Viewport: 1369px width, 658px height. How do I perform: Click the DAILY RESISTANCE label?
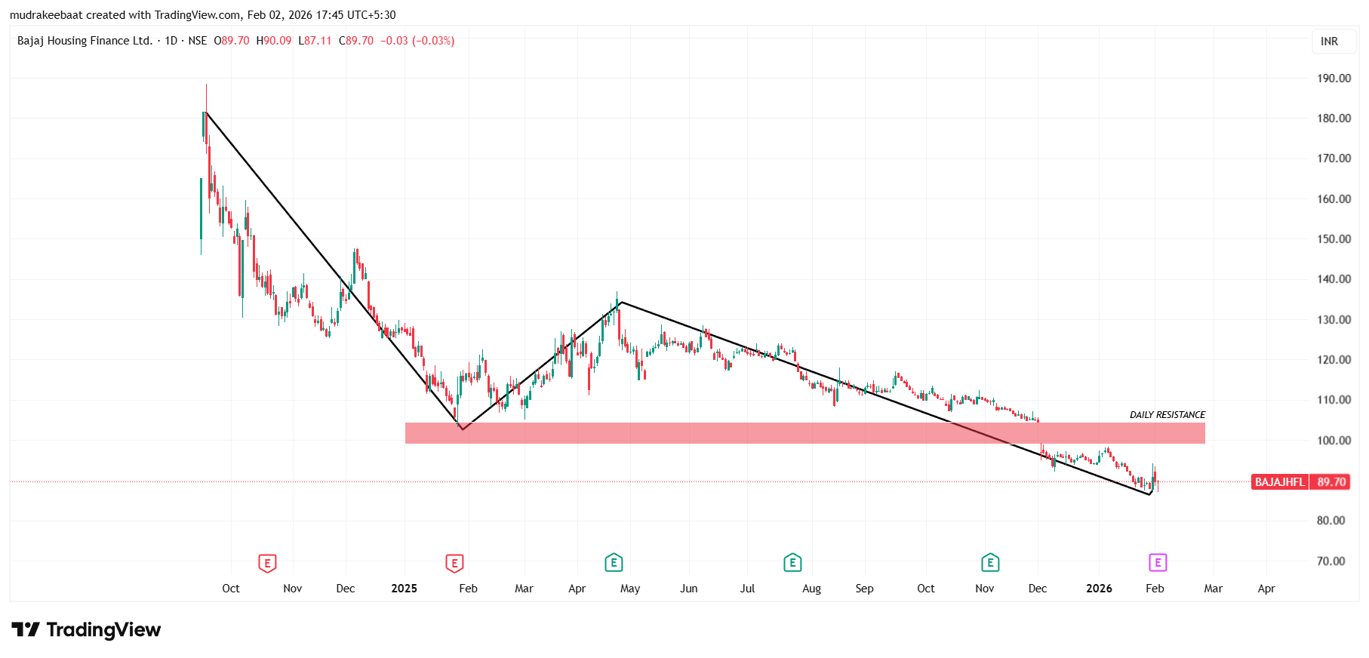click(x=1167, y=415)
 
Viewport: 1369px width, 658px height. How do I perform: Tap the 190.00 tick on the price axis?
click(x=1334, y=78)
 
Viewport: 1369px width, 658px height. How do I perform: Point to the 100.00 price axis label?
click(x=1334, y=441)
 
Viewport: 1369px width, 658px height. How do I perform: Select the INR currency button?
click(x=1329, y=42)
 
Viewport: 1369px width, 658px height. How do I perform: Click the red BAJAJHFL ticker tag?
click(x=1279, y=482)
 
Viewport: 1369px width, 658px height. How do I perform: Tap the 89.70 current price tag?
click(x=1331, y=482)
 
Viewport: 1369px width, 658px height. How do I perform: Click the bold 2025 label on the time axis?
click(x=404, y=589)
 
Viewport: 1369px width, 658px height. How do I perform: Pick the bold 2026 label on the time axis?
click(x=1099, y=589)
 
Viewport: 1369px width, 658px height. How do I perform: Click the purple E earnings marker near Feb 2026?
click(x=1158, y=563)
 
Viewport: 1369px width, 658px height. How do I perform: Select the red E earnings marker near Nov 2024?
click(x=267, y=563)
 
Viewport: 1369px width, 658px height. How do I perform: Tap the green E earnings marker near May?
click(x=614, y=563)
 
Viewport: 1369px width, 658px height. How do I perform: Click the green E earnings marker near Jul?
click(x=792, y=563)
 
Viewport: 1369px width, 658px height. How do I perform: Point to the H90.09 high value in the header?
click(x=274, y=41)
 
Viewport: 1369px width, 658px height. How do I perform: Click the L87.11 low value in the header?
click(x=315, y=41)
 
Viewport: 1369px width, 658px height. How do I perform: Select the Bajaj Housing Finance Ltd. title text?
click(x=85, y=41)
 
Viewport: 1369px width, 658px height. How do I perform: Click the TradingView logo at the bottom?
click(x=86, y=630)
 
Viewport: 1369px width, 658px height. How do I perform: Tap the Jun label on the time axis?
click(x=688, y=589)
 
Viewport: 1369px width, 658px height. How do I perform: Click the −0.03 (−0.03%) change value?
click(x=417, y=41)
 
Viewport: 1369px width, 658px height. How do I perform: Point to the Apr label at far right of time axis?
click(x=1266, y=589)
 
